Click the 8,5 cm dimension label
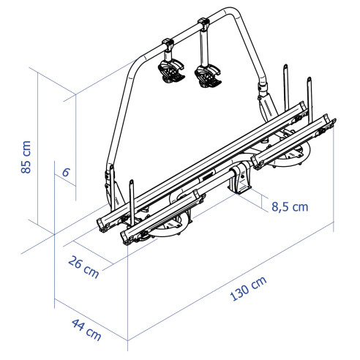(x=289, y=206)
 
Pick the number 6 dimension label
(x=66, y=173)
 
